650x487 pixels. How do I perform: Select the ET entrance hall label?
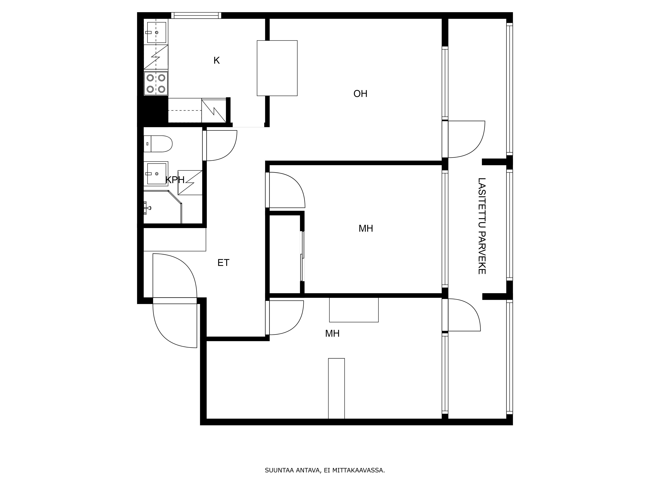point(223,263)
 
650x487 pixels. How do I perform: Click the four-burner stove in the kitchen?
point(156,83)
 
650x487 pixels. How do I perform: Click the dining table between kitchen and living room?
point(277,68)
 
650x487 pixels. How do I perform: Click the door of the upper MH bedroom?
point(286,189)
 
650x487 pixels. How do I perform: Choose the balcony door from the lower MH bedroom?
point(463,315)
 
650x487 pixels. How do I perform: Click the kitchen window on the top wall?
point(196,15)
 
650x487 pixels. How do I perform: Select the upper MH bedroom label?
point(366,228)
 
